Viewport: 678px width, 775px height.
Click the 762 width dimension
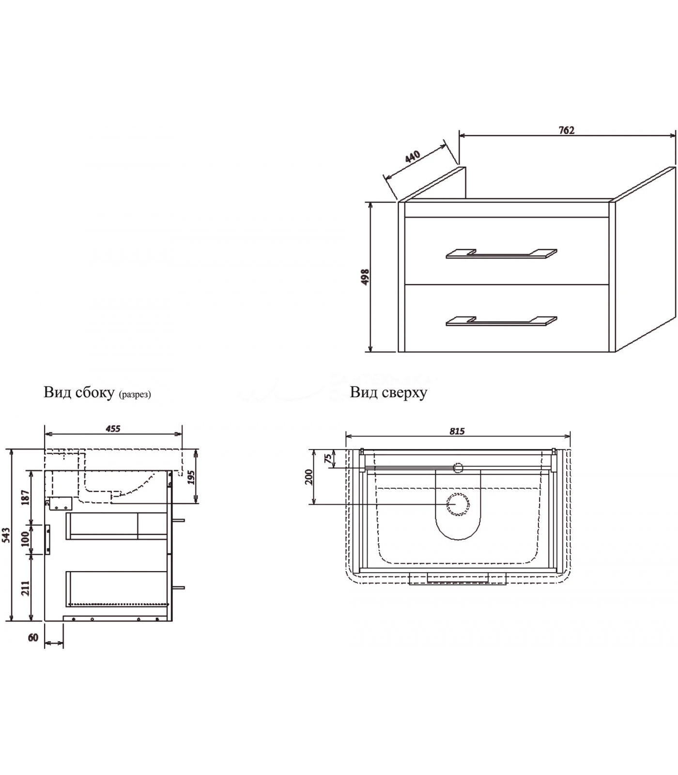tap(566, 130)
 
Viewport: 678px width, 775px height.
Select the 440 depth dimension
tap(412, 157)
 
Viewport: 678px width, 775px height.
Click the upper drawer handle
tap(501, 254)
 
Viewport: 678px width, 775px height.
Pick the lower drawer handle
tap(501, 321)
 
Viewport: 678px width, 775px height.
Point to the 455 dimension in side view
tap(112, 429)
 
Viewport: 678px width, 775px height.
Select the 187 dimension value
tap(26, 497)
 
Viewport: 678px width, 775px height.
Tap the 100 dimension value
tap(26, 539)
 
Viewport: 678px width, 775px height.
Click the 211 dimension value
tap(26, 588)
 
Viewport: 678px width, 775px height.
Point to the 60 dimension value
tap(33, 637)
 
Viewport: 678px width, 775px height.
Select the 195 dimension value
tap(191, 477)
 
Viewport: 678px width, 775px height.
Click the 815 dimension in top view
tap(457, 431)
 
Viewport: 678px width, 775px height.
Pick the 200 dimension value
tap(309, 477)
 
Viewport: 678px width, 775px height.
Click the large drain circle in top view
tap(458, 504)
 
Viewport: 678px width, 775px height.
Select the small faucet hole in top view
tap(458, 467)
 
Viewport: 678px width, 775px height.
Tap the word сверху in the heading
tap(404, 392)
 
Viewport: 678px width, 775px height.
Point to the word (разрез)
tap(135, 394)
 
